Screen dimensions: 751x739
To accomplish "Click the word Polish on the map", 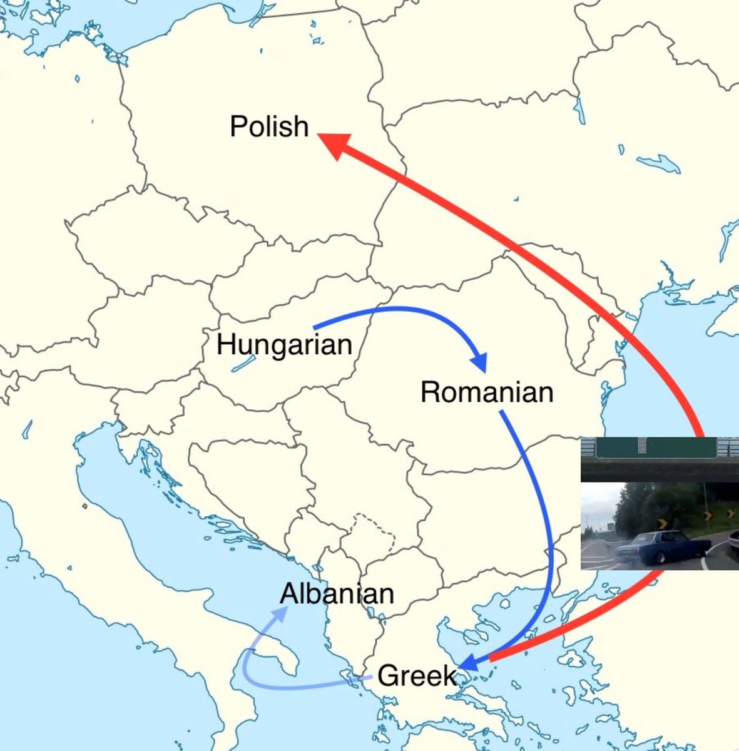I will [269, 127].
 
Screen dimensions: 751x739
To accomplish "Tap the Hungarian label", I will [284, 345].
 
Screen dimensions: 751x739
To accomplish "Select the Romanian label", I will [487, 392].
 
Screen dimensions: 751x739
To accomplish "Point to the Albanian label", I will [337, 594].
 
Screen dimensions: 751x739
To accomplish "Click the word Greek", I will [417, 676].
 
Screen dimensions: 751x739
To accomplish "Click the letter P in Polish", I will [237, 127].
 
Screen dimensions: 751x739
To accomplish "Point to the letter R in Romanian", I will [429, 393].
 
